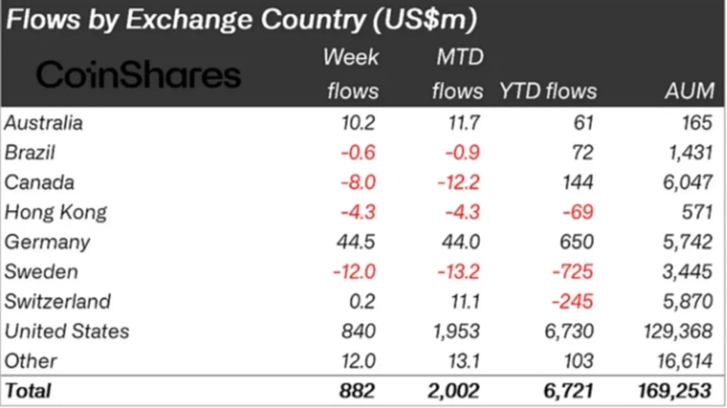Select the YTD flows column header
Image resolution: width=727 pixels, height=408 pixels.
[x=548, y=91]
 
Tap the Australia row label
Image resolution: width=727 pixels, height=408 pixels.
[x=44, y=123]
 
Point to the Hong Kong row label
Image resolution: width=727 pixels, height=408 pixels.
[x=55, y=213]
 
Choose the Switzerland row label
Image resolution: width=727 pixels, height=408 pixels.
[x=58, y=301]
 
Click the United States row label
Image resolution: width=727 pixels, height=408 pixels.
[x=66, y=331]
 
